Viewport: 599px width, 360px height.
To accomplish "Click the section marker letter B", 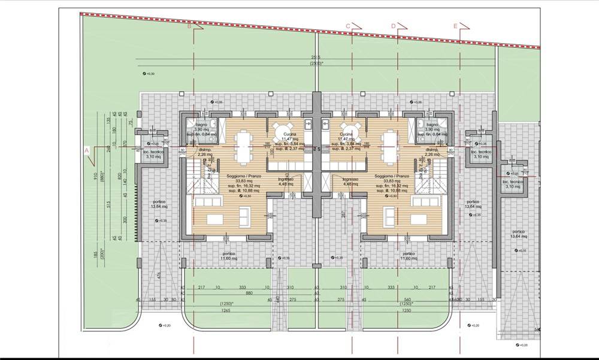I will pyautogui.click(x=189, y=26).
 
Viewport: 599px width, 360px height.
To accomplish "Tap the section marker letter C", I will pyautogui.click(x=347, y=26).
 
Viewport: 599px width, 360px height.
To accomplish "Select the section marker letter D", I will pyautogui.click(x=394, y=26).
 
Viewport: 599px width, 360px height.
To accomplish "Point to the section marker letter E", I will pyautogui.click(x=455, y=26).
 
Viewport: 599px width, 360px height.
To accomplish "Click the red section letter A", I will pyautogui.click(x=86, y=150).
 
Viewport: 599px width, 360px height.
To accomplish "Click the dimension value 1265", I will pyautogui.click(x=226, y=311).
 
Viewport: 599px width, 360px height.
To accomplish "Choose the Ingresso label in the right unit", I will pyautogui.click(x=350, y=179).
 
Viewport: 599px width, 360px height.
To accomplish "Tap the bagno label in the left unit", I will pyautogui.click(x=200, y=123).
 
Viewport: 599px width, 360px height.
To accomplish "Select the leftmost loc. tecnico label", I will pyautogui.click(x=153, y=152).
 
